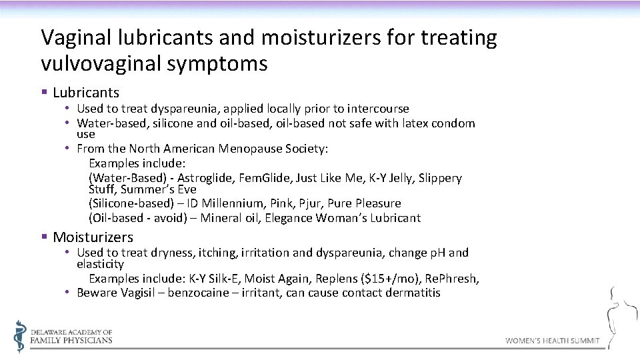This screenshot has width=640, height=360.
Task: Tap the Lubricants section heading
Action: (85, 93)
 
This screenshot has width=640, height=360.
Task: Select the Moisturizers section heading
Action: (93, 237)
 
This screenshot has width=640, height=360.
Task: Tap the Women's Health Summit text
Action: (552, 341)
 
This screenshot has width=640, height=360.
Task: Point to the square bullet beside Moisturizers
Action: (44, 237)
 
